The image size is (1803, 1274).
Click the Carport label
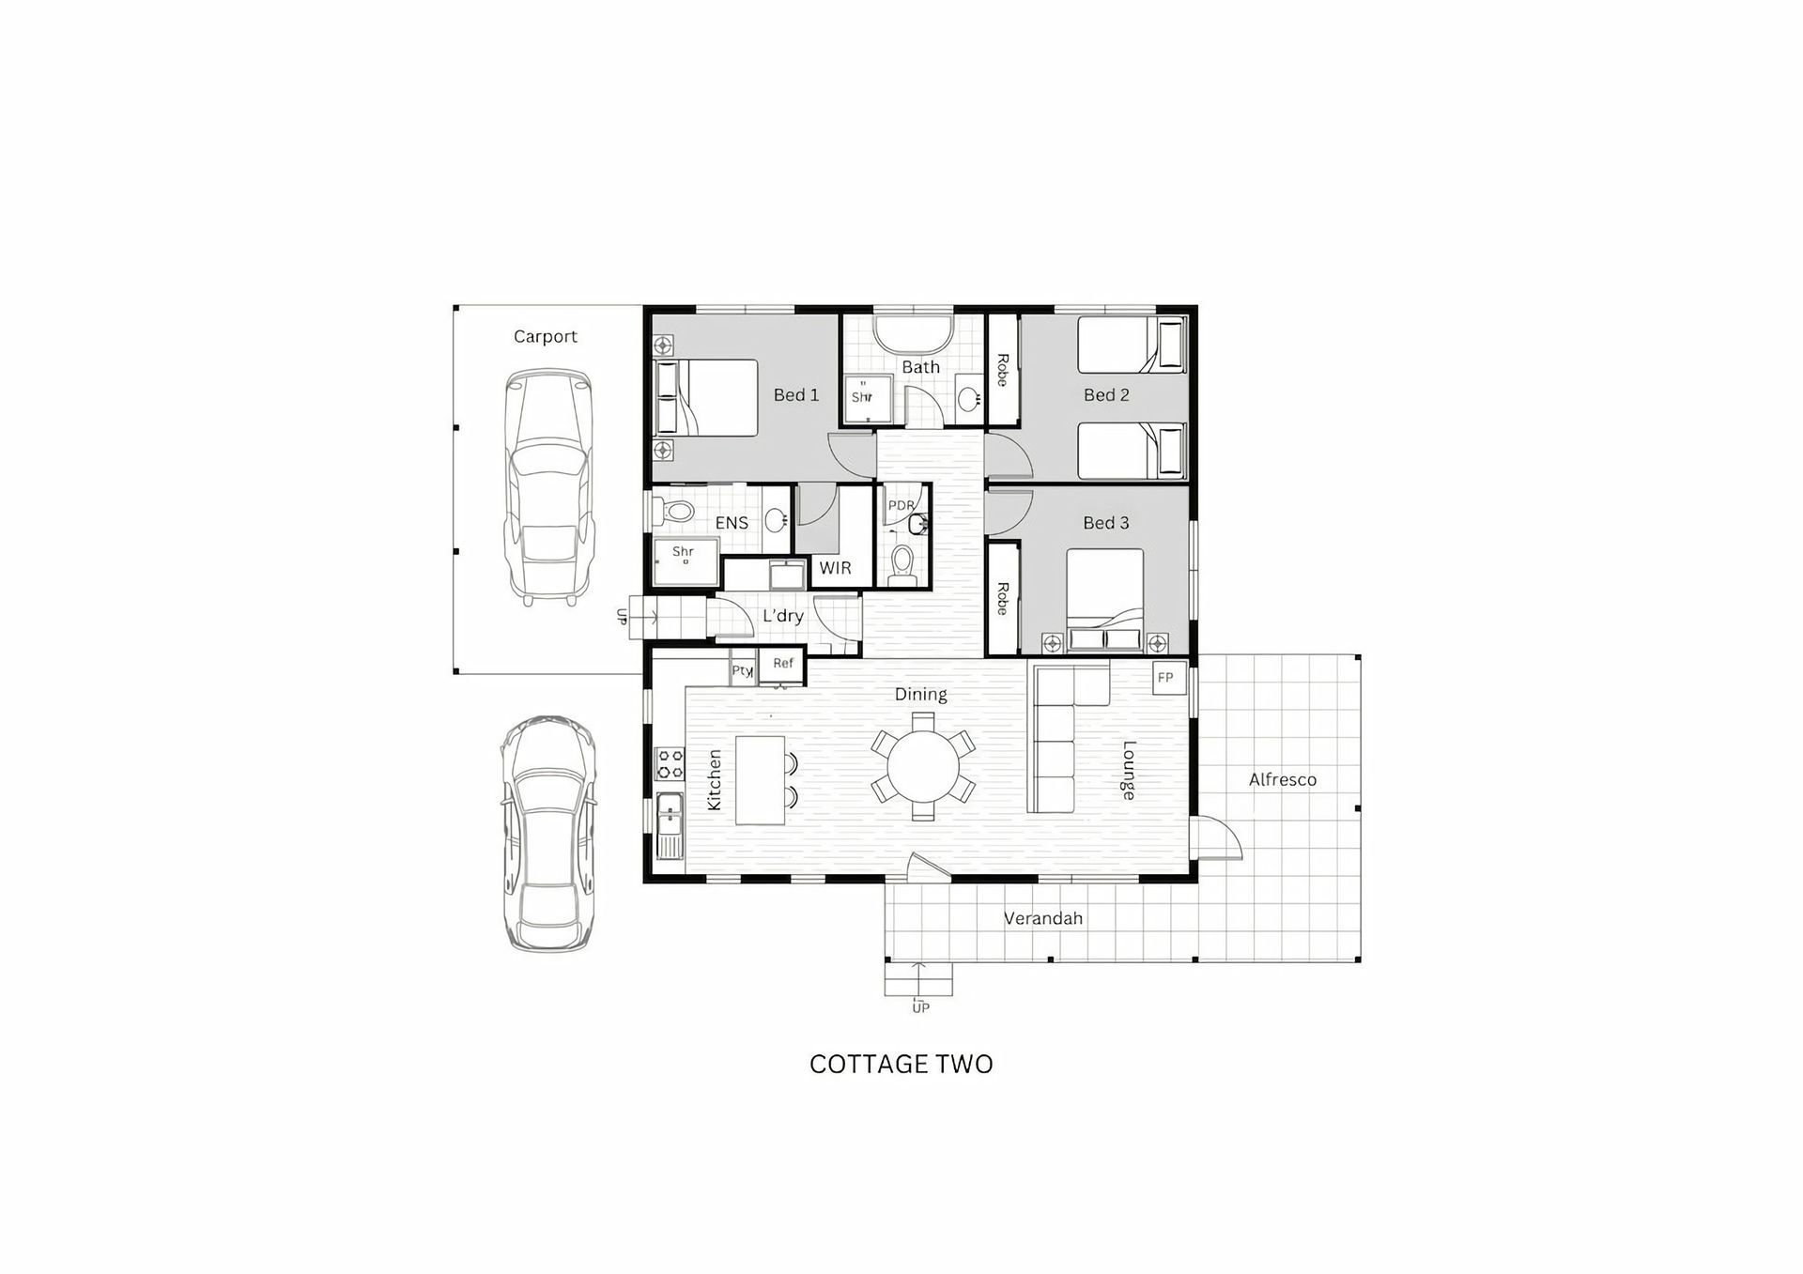click(545, 336)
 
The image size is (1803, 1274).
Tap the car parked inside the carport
click(549, 487)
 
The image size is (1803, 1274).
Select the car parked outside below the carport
click(547, 834)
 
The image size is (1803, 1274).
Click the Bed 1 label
click(795, 395)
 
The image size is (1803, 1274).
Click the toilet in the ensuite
click(673, 512)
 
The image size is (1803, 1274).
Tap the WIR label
click(835, 568)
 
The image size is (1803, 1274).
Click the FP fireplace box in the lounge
click(1169, 678)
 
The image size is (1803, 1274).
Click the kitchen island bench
click(760, 780)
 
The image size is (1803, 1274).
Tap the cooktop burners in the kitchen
click(670, 763)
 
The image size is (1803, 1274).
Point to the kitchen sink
click(670, 826)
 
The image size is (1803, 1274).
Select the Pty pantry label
click(742, 670)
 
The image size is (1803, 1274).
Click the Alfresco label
click(1282, 779)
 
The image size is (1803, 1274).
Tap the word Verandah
click(1043, 918)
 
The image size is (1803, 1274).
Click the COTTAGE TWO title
click(901, 1064)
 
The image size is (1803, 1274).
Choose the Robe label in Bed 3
click(1003, 598)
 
